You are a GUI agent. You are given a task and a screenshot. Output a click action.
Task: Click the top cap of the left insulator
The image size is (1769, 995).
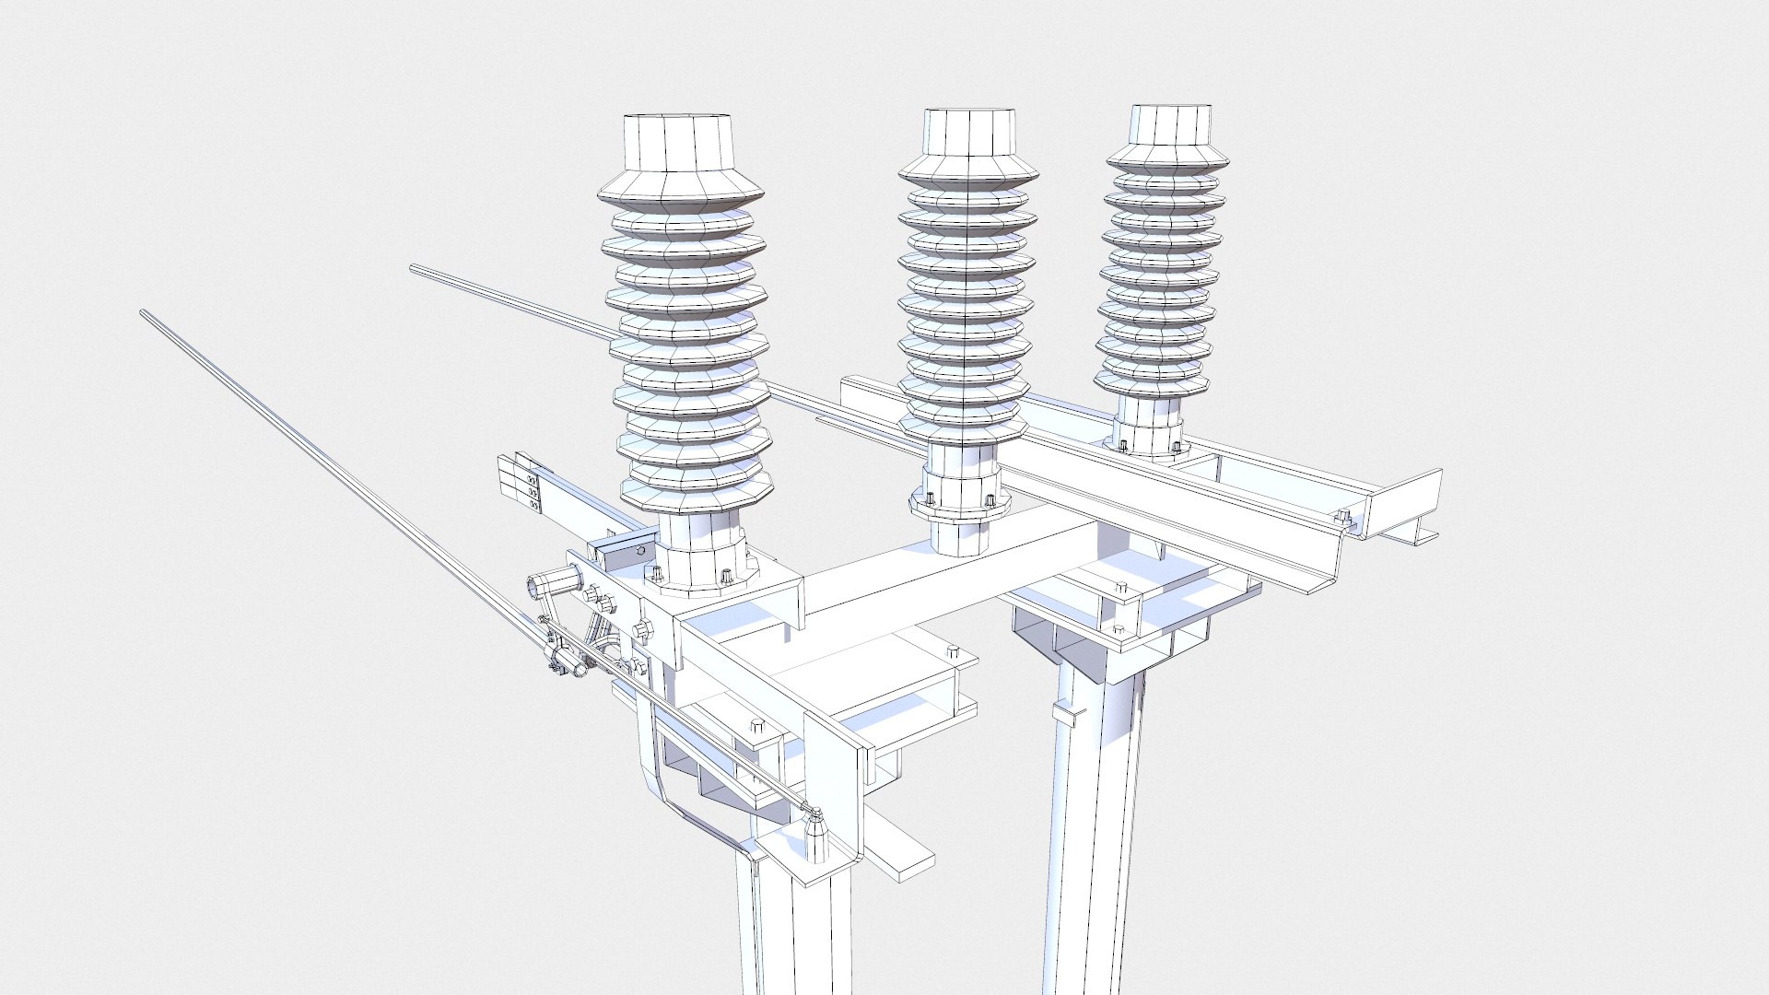[679, 144]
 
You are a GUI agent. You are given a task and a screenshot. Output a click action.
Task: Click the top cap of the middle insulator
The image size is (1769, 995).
[970, 133]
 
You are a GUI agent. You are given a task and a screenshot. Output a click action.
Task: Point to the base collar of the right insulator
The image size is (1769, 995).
[1146, 434]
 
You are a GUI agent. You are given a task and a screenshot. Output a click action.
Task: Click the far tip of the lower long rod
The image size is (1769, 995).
[145, 314]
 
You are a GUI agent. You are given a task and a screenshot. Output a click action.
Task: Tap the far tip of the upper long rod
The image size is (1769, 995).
[414, 269]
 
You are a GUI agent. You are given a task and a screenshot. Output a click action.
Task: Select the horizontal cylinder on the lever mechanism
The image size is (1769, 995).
[548, 585]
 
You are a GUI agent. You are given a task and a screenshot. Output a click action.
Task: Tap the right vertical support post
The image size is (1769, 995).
[1096, 829]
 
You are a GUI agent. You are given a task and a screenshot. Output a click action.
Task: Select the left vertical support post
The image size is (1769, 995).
[792, 921]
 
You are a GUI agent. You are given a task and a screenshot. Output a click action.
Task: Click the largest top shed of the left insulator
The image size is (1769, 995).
[680, 194]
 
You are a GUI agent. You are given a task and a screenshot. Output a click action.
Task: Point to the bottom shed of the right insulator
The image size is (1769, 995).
[1152, 381]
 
